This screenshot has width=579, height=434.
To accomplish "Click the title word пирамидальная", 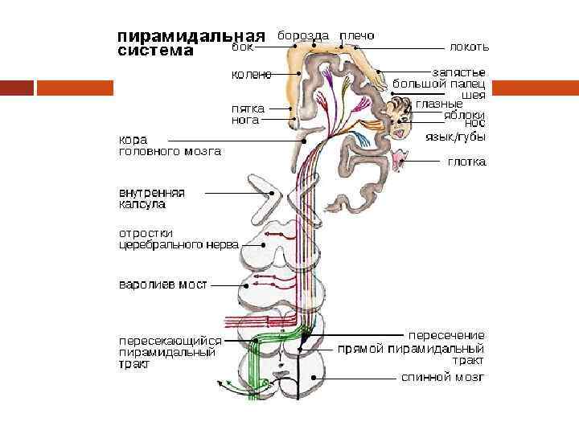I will click(x=191, y=37).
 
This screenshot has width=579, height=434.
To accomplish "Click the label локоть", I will click(x=469, y=47).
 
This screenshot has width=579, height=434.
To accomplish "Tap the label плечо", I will click(x=357, y=36).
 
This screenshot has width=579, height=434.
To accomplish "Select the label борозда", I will click(x=303, y=36).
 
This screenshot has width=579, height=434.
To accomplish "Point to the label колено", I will click(x=251, y=75).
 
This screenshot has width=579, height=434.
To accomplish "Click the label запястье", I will click(x=458, y=72).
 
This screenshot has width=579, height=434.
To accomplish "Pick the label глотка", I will click(x=466, y=162).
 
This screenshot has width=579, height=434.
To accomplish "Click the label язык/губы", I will click(x=455, y=137).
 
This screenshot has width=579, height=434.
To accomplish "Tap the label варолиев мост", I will click(x=163, y=285).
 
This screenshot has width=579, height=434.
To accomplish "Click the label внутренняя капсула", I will click(x=152, y=199).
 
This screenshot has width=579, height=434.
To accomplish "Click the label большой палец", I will click(x=438, y=83).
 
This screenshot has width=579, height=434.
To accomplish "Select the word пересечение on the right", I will click(x=446, y=334).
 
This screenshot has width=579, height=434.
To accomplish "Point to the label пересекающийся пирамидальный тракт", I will click(x=170, y=352).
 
